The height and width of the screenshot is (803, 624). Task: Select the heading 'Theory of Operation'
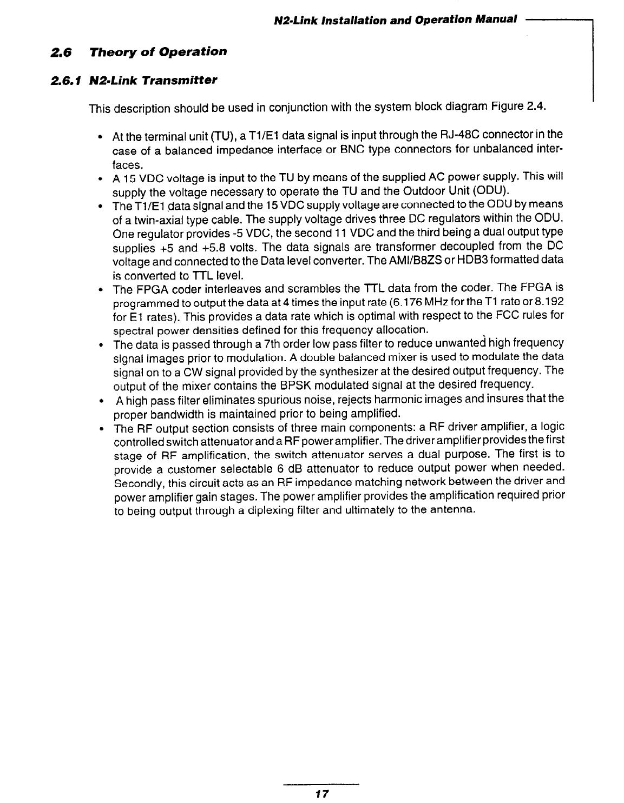tap(158, 52)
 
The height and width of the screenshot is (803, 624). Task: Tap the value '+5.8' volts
tap(227, 247)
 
